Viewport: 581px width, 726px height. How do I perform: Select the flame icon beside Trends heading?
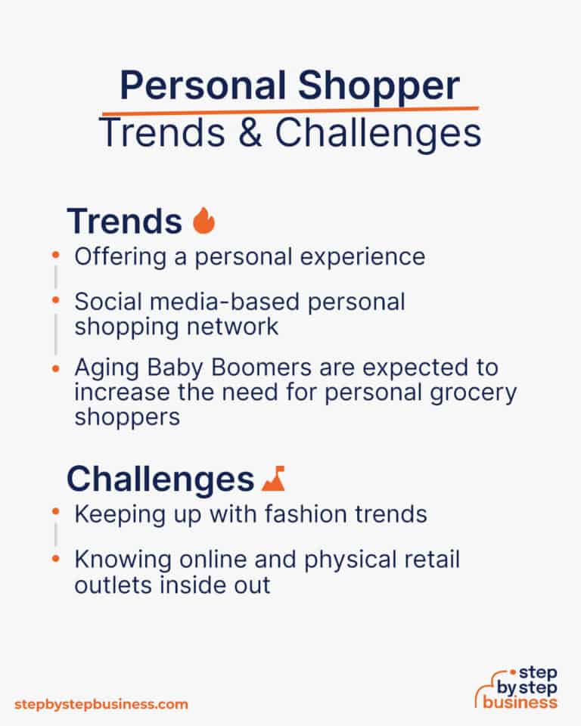click(204, 221)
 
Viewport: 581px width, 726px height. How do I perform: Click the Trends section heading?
click(124, 221)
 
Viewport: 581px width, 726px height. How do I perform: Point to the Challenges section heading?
click(160, 479)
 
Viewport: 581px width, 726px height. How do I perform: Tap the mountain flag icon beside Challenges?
click(273, 479)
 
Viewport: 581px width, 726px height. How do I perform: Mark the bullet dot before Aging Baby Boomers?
click(54, 368)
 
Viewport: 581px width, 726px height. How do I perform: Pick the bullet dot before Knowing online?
click(54, 560)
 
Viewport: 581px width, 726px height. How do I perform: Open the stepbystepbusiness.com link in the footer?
click(101, 704)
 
